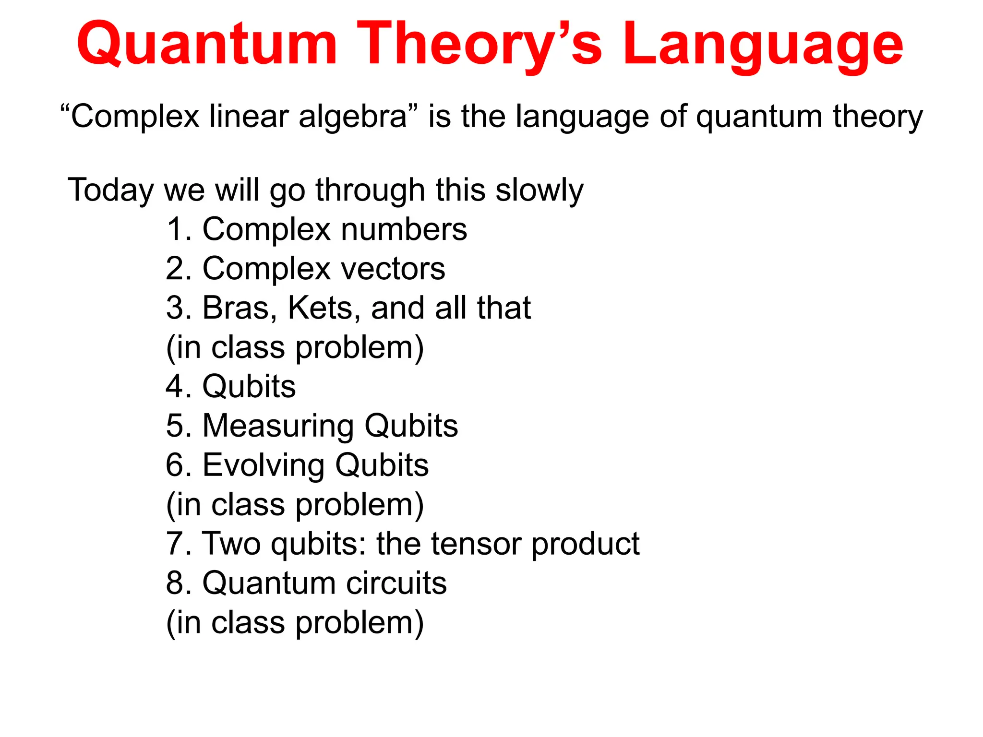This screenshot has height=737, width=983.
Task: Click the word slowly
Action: click(x=539, y=190)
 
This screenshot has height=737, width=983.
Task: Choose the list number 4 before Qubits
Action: click(x=175, y=387)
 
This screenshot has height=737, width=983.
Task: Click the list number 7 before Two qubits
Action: click(x=175, y=544)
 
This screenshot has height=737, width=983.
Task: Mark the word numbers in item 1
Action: click(x=404, y=229)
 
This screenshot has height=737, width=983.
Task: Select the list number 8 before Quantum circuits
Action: click(x=176, y=583)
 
